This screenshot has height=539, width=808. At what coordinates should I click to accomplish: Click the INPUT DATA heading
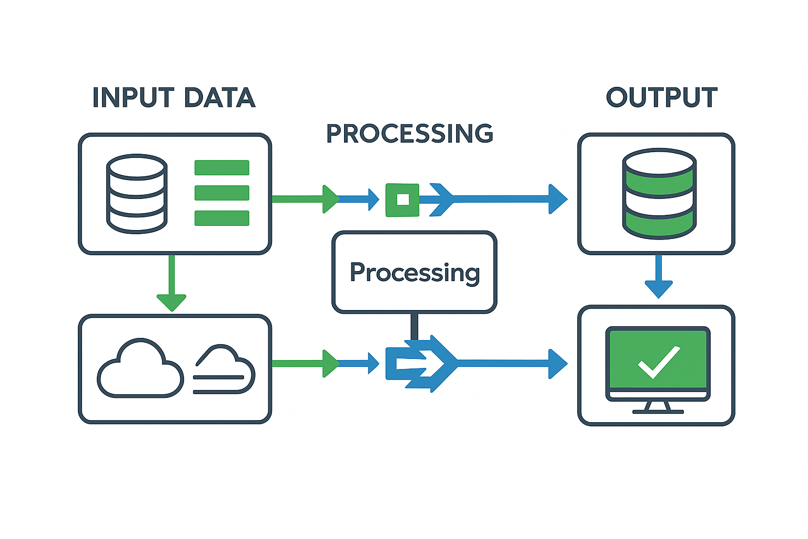coord(174,98)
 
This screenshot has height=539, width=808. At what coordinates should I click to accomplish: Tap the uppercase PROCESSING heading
coord(410,134)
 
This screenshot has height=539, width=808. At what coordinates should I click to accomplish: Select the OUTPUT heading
coord(661,98)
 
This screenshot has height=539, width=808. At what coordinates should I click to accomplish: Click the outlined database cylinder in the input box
coord(137,194)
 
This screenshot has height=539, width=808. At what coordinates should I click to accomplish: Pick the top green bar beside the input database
coord(221,168)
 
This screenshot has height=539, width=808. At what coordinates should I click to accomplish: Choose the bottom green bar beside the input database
coord(221,218)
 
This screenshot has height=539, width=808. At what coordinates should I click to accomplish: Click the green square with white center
coord(402,199)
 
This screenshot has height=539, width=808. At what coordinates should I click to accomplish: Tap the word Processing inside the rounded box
coord(415,273)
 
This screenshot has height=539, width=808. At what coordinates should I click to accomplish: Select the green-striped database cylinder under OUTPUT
coord(659,194)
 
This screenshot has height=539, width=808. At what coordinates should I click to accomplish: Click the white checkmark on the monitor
coord(659,362)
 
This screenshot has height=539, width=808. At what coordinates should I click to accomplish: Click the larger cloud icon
coord(140,368)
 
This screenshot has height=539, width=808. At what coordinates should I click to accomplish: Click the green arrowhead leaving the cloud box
coord(330,363)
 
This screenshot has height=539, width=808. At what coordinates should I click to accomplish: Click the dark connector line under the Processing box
coord(414,326)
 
